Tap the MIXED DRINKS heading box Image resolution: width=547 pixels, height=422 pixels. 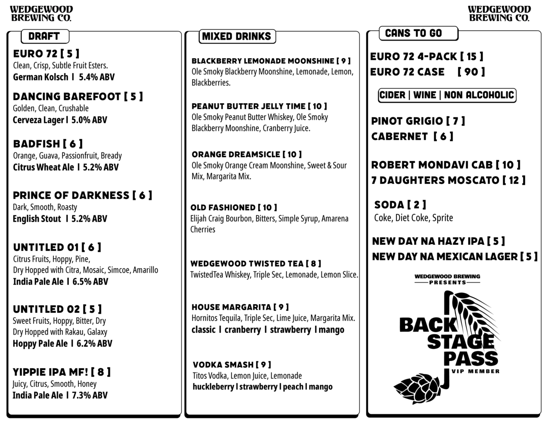point(237,36)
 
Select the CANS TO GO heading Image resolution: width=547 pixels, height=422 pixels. point(413,33)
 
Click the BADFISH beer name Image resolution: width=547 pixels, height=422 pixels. point(37,144)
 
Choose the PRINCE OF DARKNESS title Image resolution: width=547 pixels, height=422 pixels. point(71,195)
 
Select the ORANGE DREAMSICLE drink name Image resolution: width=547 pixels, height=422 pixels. point(235,154)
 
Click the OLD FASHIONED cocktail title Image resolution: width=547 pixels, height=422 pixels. point(222,208)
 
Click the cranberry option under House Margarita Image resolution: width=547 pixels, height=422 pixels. point(242,330)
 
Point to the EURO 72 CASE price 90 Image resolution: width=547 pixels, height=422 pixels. point(471,72)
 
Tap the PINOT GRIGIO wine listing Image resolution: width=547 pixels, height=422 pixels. point(407,121)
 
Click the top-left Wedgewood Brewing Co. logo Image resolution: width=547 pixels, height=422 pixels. point(41,14)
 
